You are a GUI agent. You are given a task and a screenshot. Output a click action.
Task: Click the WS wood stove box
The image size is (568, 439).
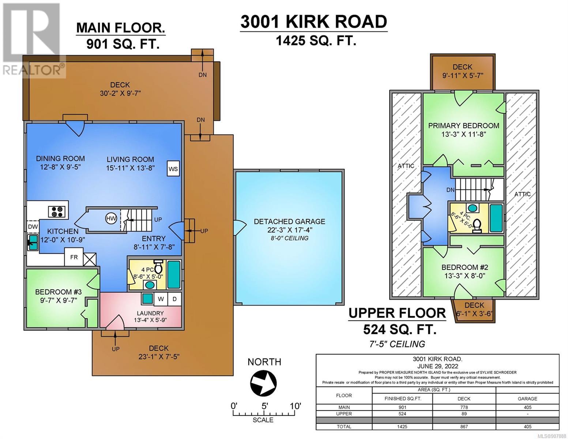point(173,169)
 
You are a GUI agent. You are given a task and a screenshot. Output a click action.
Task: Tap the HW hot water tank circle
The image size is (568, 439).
point(111,218)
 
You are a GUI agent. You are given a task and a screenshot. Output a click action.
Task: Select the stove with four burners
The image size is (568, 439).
point(57,211)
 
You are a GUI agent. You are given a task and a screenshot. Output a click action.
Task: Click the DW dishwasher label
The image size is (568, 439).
point(33,227)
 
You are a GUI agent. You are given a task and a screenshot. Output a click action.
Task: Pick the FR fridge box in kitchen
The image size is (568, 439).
point(74,257)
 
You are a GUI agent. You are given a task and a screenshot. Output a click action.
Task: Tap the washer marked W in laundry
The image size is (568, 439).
point(161,299)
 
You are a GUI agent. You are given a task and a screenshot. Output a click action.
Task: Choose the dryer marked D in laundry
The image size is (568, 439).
point(174,299)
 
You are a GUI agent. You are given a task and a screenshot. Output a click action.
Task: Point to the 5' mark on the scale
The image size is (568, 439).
point(264,406)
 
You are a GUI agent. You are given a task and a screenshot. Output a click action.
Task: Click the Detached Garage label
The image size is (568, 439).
point(290,221)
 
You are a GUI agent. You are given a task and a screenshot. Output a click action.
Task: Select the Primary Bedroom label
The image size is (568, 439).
point(463,125)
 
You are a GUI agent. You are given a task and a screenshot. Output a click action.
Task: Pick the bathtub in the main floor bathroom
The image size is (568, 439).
point(174,274)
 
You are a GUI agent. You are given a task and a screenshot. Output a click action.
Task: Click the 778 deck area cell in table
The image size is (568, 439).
point(464,407)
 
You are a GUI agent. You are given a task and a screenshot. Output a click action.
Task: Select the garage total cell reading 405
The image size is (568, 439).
point(527,427)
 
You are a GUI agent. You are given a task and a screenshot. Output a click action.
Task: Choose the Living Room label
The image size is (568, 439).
point(130,159)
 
